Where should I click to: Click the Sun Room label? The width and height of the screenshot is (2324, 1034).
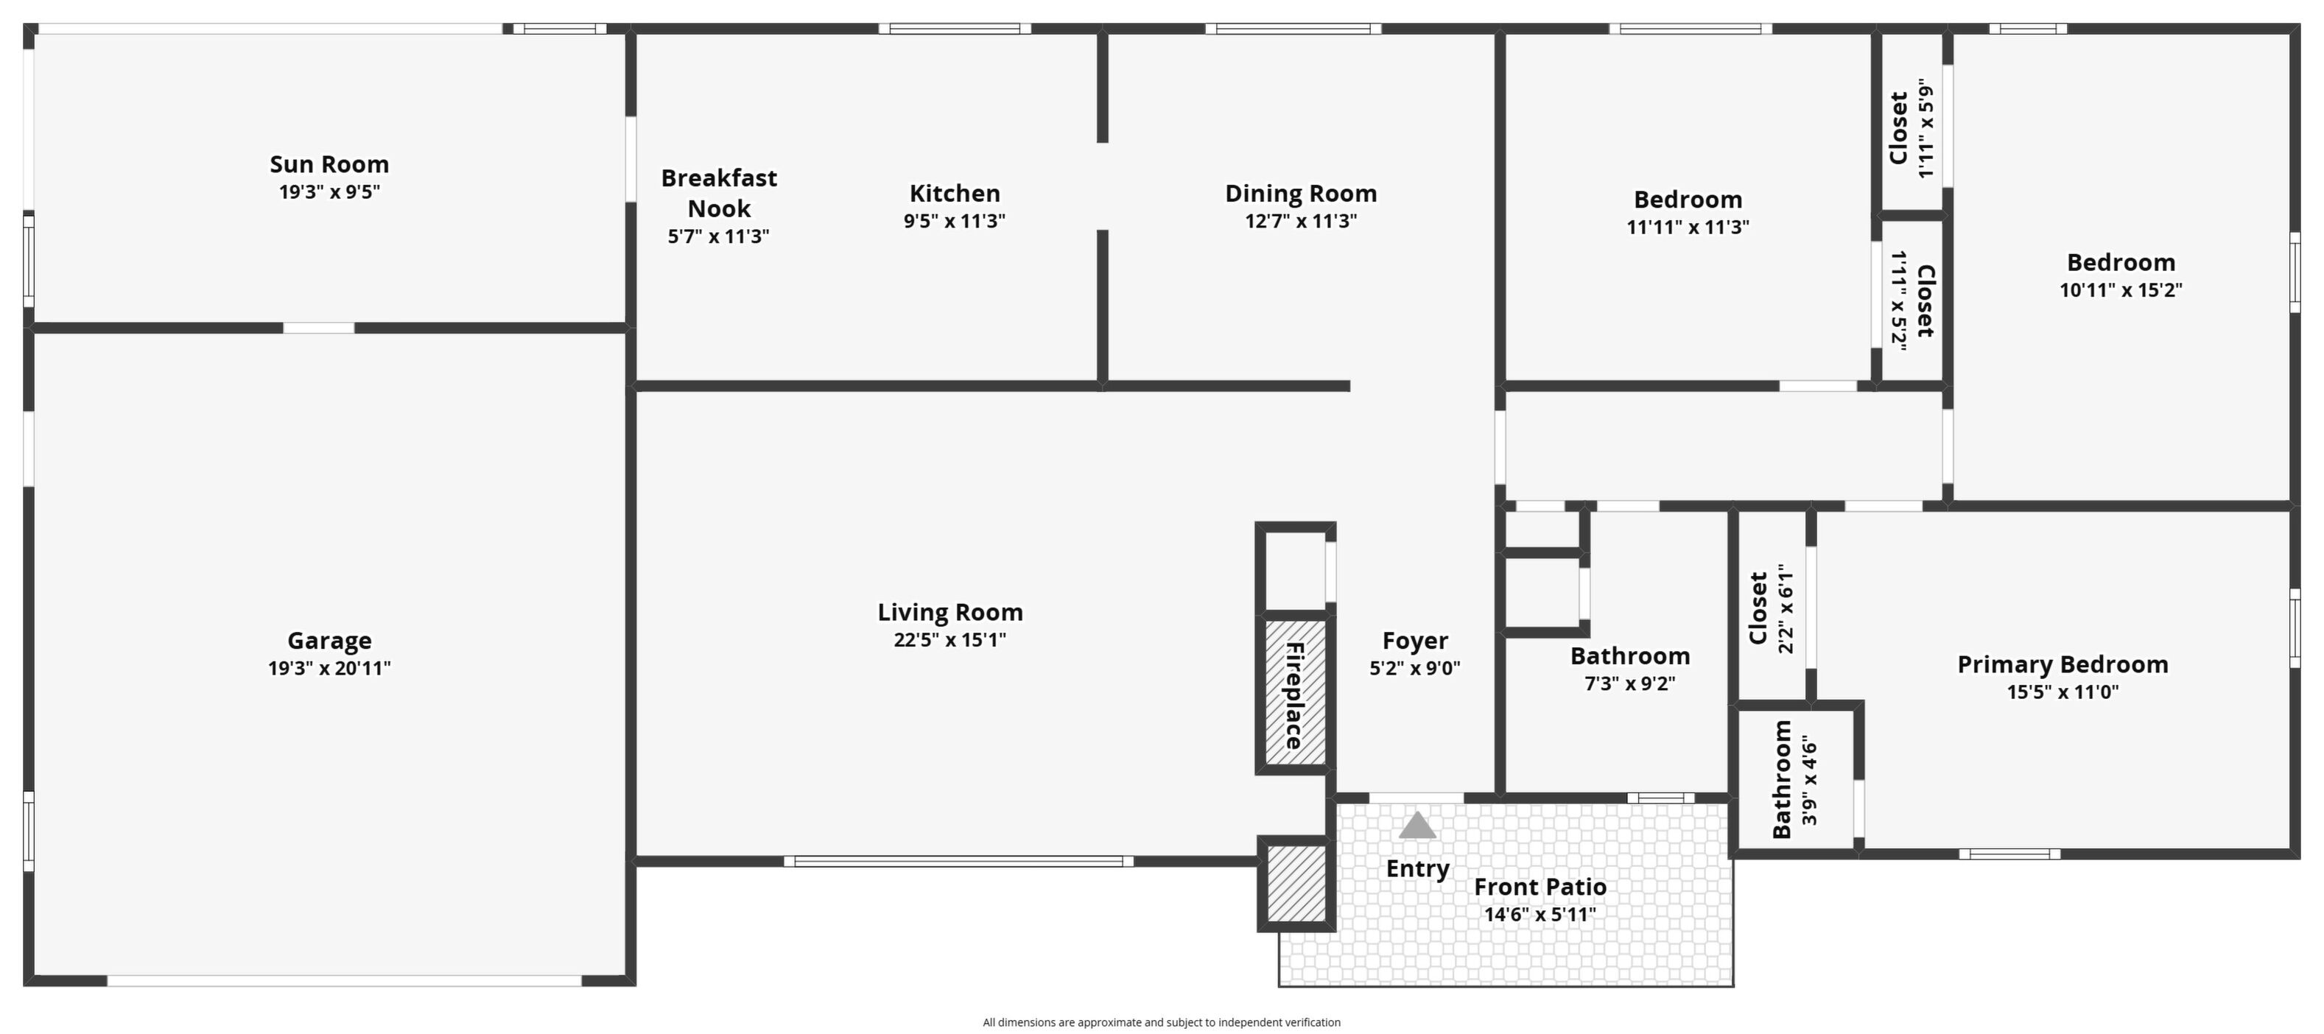tap(329, 164)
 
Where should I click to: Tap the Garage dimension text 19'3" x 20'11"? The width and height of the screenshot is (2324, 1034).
tap(329, 669)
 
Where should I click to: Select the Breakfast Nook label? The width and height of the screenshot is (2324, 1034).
tap(719, 193)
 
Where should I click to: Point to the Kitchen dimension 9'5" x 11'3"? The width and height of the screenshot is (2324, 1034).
tap(955, 221)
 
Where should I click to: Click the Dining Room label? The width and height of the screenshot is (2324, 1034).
tap(1301, 193)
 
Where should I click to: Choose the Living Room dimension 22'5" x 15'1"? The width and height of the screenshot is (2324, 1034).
tap(950, 640)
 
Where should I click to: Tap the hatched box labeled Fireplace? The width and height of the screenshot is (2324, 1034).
tap(1295, 694)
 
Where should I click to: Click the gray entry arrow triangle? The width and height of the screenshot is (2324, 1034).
tap(1416, 825)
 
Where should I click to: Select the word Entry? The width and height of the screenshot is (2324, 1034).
tap(1417, 869)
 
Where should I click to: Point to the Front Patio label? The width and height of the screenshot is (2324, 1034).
tap(1540, 887)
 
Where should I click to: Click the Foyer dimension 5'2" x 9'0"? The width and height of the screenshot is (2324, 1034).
tap(1414, 669)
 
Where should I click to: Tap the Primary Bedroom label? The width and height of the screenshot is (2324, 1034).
tap(2063, 665)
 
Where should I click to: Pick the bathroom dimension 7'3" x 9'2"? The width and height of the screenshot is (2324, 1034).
tap(1630, 684)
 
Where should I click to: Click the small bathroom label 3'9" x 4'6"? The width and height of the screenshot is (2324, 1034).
tap(1810, 780)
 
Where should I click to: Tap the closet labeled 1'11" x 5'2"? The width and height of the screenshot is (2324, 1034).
tap(1911, 300)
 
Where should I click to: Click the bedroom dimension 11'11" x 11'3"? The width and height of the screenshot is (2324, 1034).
tap(1687, 228)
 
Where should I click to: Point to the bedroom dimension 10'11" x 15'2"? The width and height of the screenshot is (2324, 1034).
tap(2120, 290)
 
